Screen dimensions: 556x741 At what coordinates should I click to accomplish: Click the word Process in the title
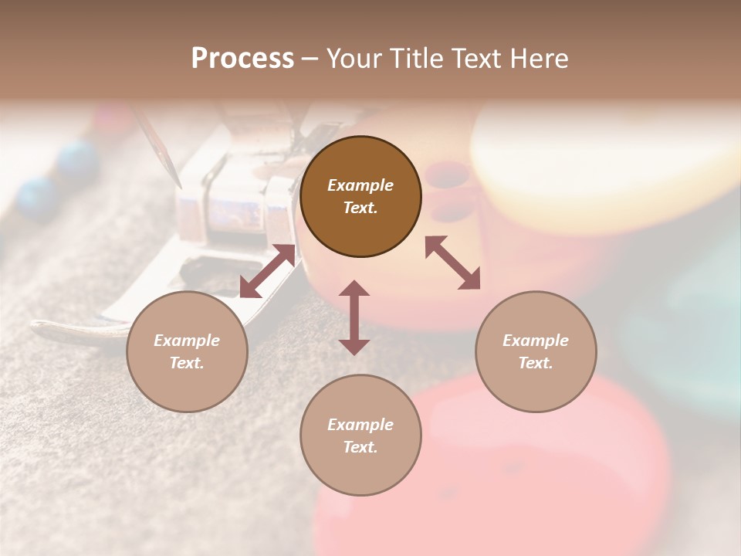[x=242, y=58]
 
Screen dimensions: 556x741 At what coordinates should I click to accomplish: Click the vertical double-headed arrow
[x=354, y=317]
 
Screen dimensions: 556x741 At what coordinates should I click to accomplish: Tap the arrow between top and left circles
[x=267, y=271]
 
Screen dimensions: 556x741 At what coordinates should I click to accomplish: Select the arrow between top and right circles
[x=453, y=263]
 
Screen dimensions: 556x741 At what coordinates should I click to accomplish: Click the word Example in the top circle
[x=360, y=185]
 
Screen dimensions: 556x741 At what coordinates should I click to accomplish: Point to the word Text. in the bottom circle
[x=360, y=447]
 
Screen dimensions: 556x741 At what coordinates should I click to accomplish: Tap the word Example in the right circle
[x=536, y=341]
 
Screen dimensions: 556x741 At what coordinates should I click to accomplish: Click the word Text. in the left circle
[x=187, y=363]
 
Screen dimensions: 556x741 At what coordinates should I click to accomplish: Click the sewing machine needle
[x=162, y=151]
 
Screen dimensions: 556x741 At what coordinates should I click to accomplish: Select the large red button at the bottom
[x=540, y=479]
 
